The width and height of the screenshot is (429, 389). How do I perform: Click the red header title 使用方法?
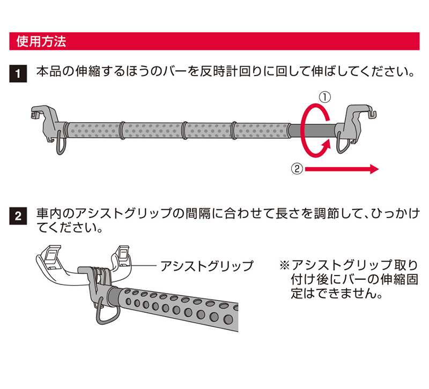[x=41, y=41]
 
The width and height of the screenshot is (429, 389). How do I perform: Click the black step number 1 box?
[x=18, y=73]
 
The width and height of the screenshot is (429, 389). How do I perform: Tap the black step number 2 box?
[x=18, y=216]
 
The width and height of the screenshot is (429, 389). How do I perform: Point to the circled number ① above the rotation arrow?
[x=325, y=98]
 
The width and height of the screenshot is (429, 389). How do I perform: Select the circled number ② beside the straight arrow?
[x=297, y=169]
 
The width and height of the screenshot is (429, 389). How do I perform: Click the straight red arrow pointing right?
[x=342, y=169]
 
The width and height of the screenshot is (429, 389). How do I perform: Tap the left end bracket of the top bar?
[x=47, y=123]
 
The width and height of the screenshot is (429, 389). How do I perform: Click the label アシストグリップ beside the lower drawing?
[x=207, y=265]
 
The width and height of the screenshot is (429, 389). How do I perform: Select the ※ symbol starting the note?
[x=285, y=265]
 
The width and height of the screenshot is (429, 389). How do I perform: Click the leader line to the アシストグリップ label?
[x=143, y=265]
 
